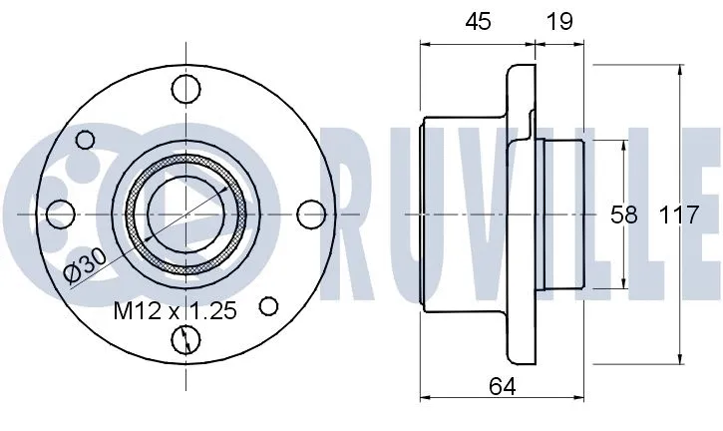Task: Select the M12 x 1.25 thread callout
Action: (x=176, y=312)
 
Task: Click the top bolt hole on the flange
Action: (x=185, y=90)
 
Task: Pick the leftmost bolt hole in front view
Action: (x=62, y=213)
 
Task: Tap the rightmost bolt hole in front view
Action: (x=311, y=213)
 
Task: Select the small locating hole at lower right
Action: (x=269, y=305)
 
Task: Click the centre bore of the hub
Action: (x=185, y=213)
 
